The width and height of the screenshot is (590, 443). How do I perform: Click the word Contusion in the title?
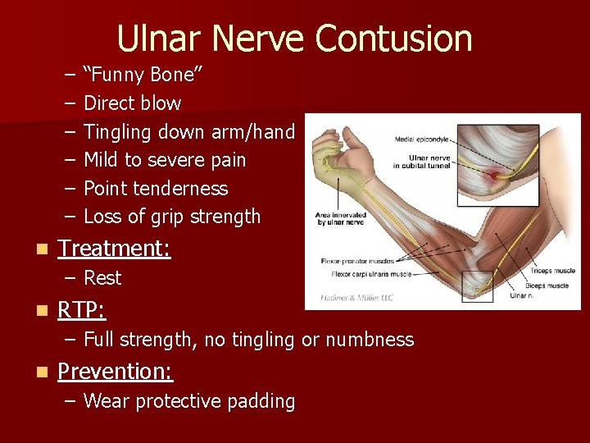coord(393,39)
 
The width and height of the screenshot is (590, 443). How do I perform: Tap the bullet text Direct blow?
coord(132,103)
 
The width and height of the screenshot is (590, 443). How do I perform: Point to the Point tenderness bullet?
coord(156,189)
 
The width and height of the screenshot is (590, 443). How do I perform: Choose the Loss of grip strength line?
coord(172,217)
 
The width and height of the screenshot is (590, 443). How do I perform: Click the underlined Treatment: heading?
coord(114,248)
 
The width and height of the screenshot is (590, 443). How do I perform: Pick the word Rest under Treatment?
coord(102,278)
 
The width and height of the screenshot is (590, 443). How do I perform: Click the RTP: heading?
coord(82,309)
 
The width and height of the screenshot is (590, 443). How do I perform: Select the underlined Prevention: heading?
coord(115,371)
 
